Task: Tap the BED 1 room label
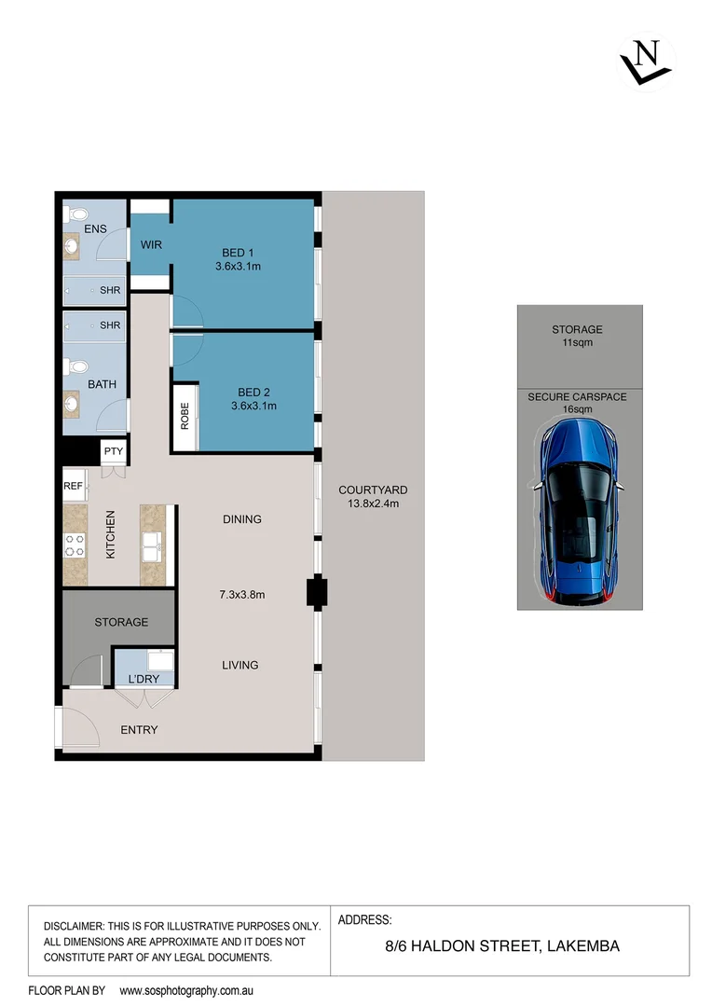(238, 253)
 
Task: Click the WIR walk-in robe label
(151, 245)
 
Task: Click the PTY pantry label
(114, 452)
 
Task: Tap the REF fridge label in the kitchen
(73, 486)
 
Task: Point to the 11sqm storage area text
(577, 343)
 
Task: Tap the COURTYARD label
(373, 490)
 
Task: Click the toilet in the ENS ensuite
(74, 214)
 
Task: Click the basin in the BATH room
(73, 405)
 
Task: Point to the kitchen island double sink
(151, 545)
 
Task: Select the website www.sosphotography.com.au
(187, 990)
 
